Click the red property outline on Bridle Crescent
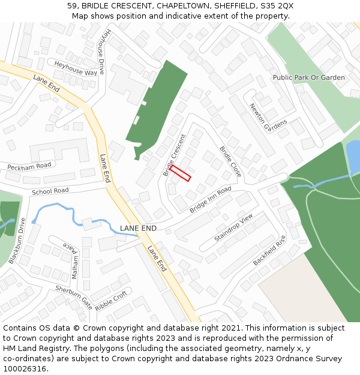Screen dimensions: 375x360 pos(180,173)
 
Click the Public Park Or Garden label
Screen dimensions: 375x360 pos(308,77)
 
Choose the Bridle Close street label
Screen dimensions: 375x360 pos(230,161)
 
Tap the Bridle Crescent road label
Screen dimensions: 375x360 pos(175,155)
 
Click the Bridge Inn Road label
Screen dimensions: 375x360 pos(211,200)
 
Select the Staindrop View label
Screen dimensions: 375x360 pos(234,228)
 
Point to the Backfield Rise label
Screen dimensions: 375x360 pos(269,250)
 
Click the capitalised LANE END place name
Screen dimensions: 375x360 pos(138,229)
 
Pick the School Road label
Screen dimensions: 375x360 pos(50,191)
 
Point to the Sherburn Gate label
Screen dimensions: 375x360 pos(74,296)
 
